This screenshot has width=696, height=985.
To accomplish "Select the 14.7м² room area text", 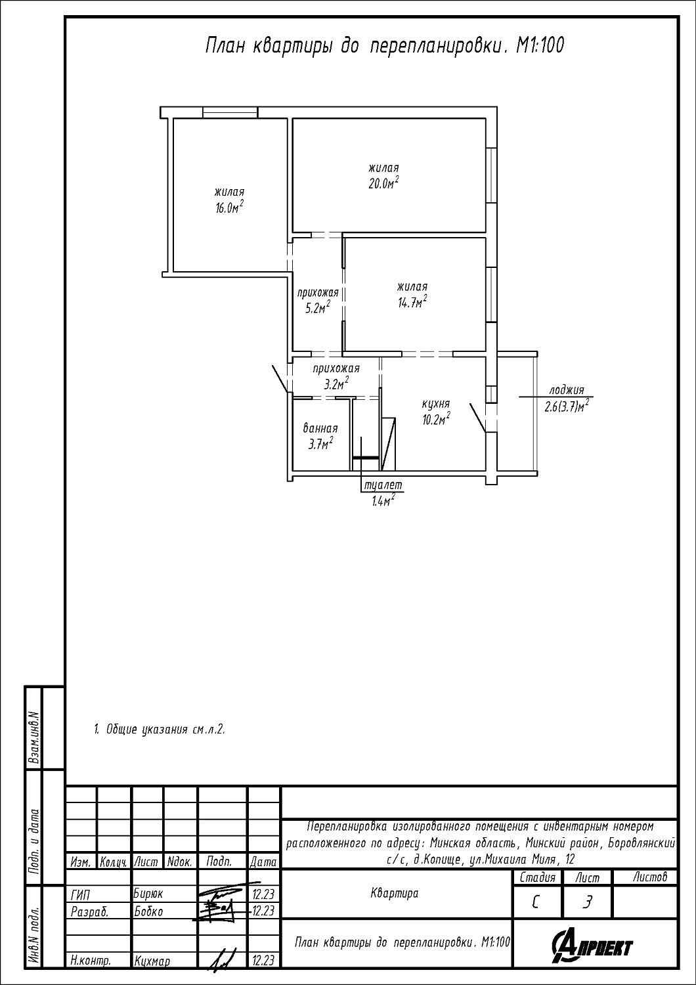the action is coord(412,302).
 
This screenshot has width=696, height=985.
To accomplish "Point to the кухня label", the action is coord(436,404).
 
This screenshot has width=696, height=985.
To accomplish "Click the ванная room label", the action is coord(320,428).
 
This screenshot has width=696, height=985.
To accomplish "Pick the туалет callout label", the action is coord(383,485).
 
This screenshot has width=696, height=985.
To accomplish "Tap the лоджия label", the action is coord(567,391).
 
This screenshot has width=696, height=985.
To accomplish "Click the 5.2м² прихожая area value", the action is coord(318,308).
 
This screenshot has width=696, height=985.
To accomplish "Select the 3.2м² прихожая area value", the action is coord(337,384).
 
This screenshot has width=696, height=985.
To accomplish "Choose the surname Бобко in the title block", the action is coord(148,911).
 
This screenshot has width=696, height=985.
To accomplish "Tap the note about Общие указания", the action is coord(159,730).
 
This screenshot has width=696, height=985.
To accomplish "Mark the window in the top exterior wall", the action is coord(230,112).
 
